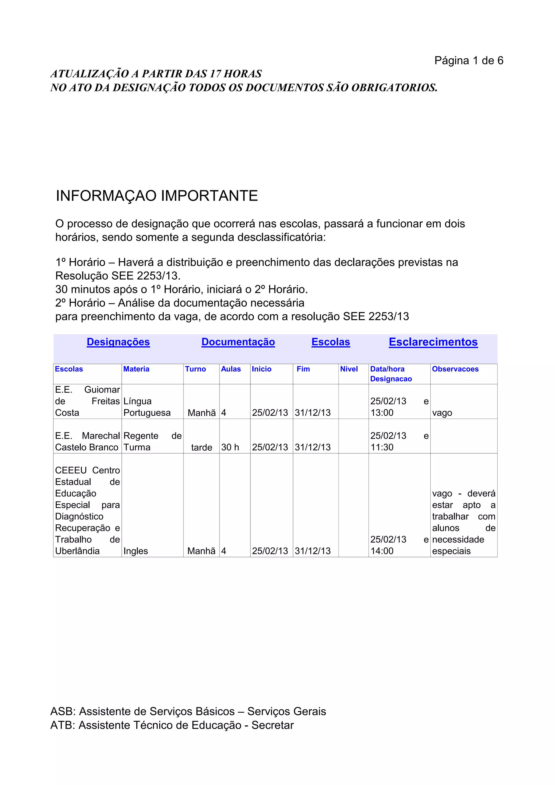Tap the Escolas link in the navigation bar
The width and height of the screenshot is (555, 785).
tap(331, 342)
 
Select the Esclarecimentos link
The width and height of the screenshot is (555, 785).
tap(433, 342)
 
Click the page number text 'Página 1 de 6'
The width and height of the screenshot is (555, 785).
tap(469, 60)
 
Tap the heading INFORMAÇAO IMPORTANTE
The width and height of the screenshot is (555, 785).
tap(157, 196)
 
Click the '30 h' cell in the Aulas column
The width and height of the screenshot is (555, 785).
tap(230, 447)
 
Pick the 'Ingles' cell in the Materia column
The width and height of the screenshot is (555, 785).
tap(136, 551)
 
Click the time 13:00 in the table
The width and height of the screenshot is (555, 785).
tap(382, 413)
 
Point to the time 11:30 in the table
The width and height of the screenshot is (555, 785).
tap(382, 447)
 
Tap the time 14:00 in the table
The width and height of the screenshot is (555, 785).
tap(382, 551)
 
